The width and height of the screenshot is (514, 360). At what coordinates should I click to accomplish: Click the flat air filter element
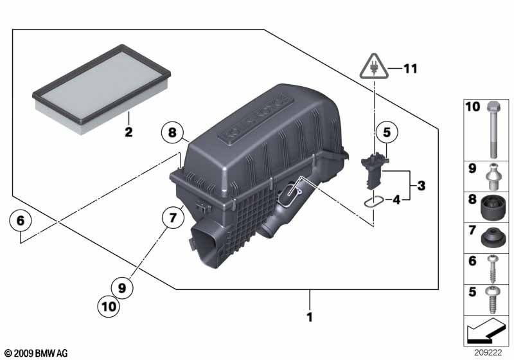click(102, 90)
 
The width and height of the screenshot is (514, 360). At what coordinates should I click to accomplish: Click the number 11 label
click(410, 69)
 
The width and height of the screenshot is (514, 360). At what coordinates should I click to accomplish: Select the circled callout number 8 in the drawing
click(172, 132)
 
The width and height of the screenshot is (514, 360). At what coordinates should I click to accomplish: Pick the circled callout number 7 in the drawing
click(172, 217)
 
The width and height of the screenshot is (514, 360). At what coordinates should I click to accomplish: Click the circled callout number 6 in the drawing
click(21, 221)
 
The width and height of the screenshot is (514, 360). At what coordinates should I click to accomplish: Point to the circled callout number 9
click(122, 288)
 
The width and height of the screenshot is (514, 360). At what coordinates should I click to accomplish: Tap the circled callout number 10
click(109, 307)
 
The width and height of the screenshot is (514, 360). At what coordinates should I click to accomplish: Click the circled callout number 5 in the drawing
click(387, 132)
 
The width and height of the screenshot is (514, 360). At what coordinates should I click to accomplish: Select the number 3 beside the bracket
click(421, 186)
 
